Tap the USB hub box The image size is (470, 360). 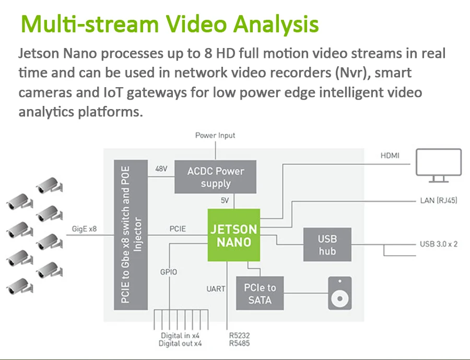point(327,245)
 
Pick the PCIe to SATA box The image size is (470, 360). point(260,293)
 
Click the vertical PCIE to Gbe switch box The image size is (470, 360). point(131,235)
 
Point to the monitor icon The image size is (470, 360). point(439,165)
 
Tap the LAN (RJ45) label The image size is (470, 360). point(439,200)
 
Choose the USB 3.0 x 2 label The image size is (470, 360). point(439,244)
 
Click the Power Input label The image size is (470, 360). point(215,136)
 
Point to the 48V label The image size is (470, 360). point(162,169)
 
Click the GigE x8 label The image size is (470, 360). point(85,229)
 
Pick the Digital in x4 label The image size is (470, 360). point(181,335)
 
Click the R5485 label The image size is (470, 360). point(239,343)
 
